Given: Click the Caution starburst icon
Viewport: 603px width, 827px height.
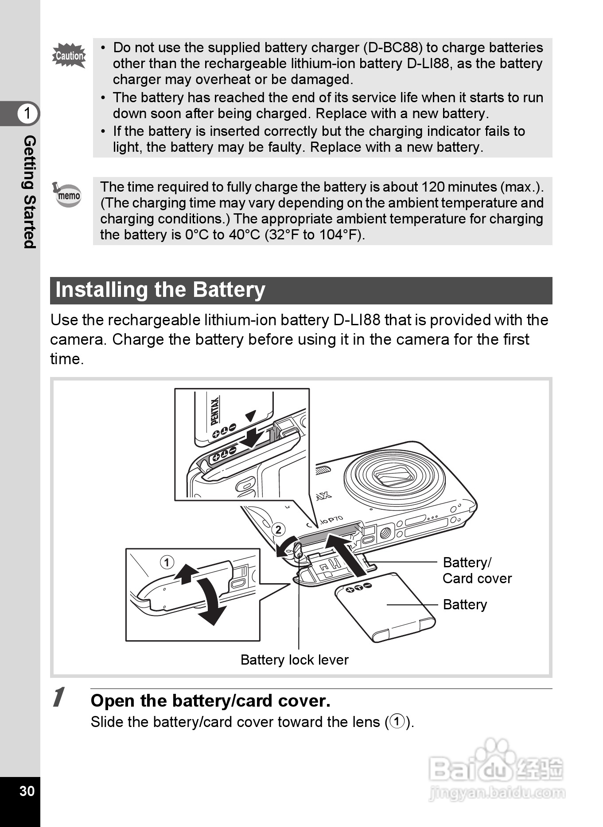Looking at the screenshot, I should point(69,56).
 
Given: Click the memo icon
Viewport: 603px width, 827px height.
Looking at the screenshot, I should point(68,195).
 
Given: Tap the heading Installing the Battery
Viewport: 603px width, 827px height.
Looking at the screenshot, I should point(160,290).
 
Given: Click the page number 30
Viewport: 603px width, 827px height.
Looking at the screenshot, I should point(27,791).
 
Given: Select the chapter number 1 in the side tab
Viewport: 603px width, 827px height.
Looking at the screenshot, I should point(27,113).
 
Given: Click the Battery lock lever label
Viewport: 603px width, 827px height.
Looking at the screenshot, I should point(294,660).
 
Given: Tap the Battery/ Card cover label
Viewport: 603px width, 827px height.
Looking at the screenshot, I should point(477,570).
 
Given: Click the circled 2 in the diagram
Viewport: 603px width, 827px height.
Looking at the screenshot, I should point(278,530).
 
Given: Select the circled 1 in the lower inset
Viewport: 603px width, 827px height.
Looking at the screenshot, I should point(167,563).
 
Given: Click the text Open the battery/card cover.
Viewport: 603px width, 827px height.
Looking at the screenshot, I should point(210,701).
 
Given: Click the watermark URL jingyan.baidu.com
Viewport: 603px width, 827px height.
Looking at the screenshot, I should point(497,792).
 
